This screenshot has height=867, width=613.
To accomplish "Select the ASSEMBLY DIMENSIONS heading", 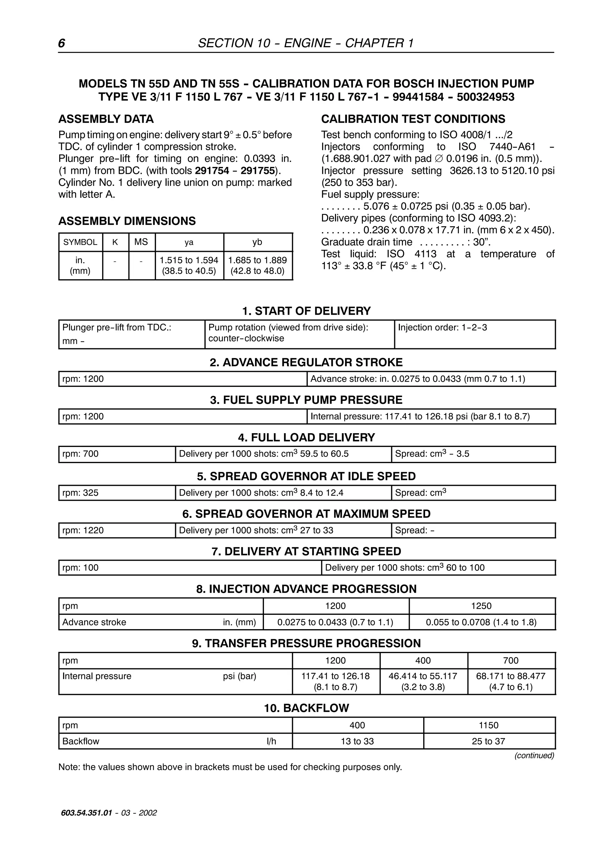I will click(x=127, y=221).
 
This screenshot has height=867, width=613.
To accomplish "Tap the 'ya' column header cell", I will click(x=189, y=242).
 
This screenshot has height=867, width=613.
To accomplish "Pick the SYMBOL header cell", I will click(x=80, y=242).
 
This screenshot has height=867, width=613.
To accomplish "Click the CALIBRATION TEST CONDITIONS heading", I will click(x=413, y=119).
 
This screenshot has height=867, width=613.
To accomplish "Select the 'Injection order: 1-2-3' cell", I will click(x=442, y=327).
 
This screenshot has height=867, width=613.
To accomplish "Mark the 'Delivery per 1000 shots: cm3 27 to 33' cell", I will click(x=256, y=530).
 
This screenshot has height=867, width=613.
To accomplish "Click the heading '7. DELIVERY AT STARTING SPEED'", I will click(x=306, y=551).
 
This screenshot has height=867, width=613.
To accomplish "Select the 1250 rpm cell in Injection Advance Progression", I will click(x=481, y=606).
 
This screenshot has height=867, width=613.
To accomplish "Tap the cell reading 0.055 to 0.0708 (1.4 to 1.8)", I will click(x=481, y=622).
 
